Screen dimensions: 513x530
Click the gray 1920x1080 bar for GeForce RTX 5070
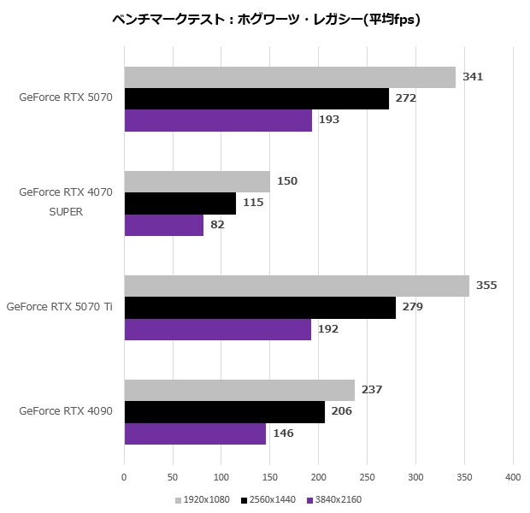(290, 77)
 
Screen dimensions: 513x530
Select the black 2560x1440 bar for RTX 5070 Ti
(260, 307)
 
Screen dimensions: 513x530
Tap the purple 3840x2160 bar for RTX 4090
(195, 433)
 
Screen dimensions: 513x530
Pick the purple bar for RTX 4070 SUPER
(164, 225)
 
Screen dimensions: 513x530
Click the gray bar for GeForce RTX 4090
(239, 390)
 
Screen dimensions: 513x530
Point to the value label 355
(486, 286)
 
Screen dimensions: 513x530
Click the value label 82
(217, 225)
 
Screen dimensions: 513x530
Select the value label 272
(406, 98)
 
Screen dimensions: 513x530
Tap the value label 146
(283, 433)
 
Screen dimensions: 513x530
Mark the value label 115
(253, 203)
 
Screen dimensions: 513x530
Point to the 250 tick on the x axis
(368, 476)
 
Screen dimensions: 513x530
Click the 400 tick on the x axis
(513, 476)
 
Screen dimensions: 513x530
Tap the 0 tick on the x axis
(125, 476)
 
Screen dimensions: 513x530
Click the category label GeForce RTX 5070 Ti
(59, 307)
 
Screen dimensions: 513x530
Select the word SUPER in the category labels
(66, 212)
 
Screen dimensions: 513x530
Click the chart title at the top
(266, 18)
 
